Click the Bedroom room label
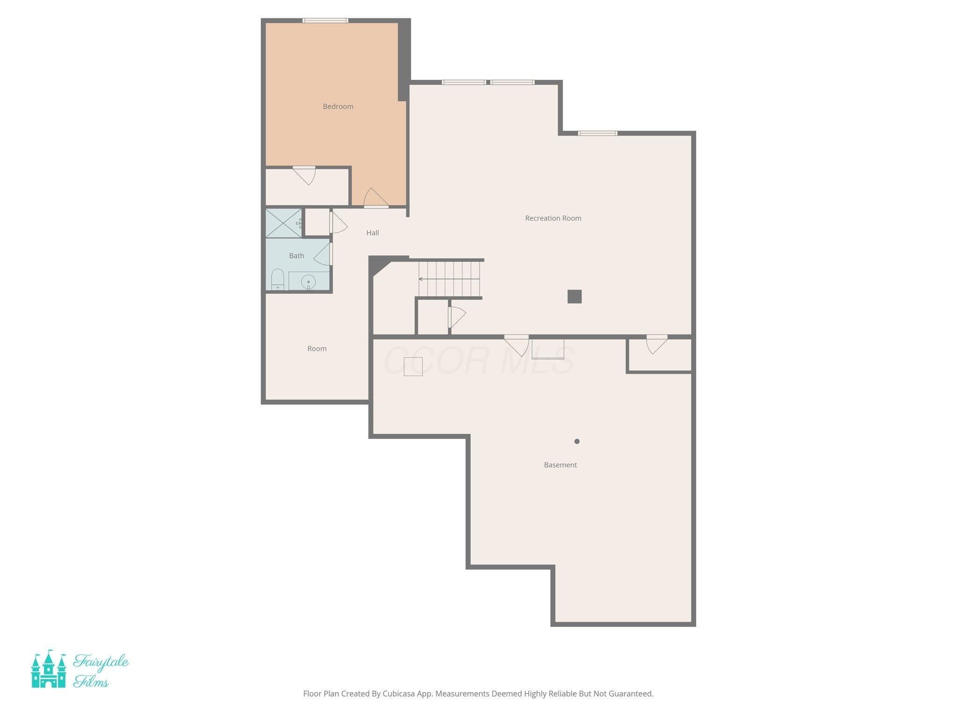click(338, 107)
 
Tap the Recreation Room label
click(553, 218)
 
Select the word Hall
click(372, 233)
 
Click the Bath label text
click(296, 256)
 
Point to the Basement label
click(560, 465)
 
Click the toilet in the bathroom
click(278, 280)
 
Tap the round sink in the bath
click(308, 282)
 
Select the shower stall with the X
click(284, 223)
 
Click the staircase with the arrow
click(449, 279)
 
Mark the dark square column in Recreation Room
click(574, 297)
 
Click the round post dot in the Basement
click(577, 441)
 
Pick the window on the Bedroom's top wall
click(325, 21)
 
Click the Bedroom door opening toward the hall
click(375, 198)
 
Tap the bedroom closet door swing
click(305, 175)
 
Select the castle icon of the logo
click(48, 669)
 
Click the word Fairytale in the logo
click(100, 662)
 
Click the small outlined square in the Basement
click(413, 366)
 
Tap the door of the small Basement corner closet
click(656, 344)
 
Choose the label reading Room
click(317, 349)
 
